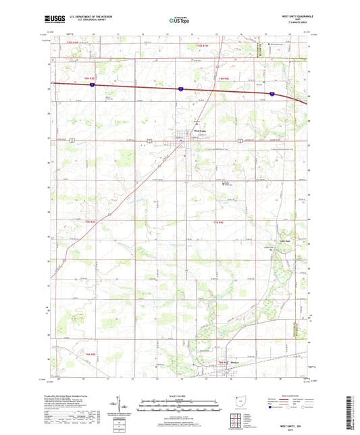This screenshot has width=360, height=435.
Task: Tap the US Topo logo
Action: coord(179,21)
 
